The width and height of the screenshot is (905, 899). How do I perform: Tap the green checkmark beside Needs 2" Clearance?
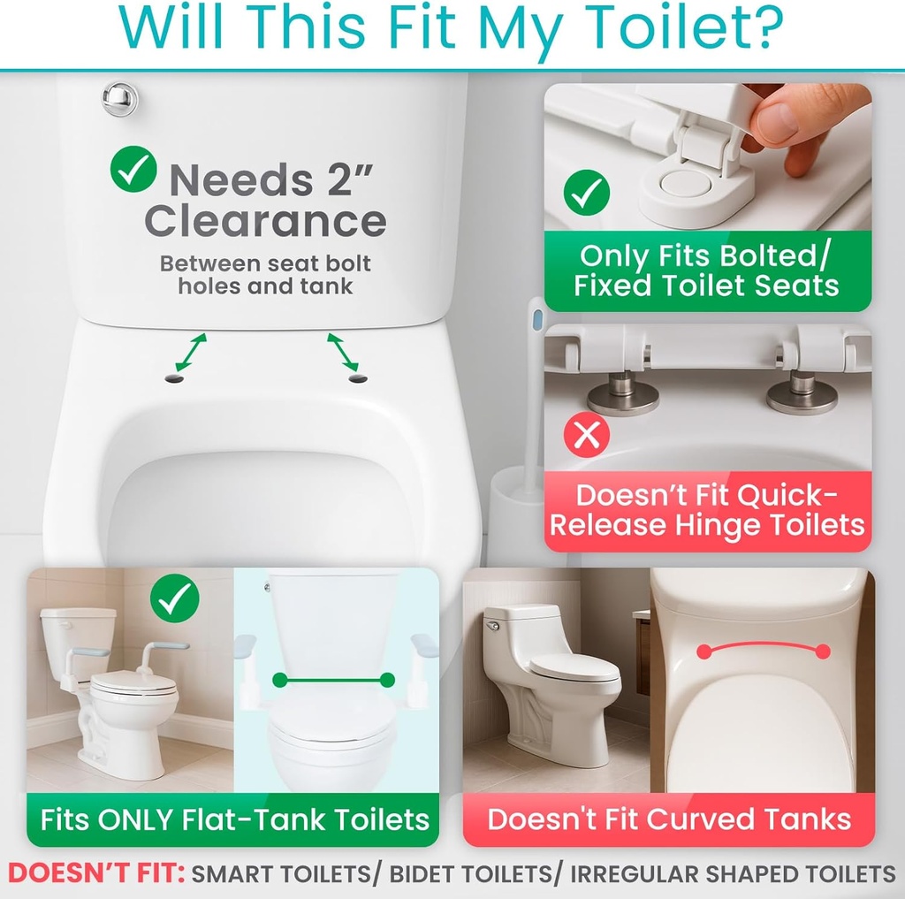pos(133,170)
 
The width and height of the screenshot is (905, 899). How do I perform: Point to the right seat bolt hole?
pos(358,378)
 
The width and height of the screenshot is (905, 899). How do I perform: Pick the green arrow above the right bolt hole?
pos(343,351)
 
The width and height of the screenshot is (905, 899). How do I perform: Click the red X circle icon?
pos(587,434)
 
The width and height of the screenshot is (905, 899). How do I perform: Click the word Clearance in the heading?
pos(265,221)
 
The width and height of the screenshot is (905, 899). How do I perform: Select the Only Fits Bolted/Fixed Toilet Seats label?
pos(706,270)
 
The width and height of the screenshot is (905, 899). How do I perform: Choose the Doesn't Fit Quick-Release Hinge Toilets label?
pos(707,510)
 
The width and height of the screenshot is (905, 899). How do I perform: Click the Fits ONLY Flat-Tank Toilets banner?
pos(234,819)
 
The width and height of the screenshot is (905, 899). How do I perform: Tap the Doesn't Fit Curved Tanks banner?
pos(669,819)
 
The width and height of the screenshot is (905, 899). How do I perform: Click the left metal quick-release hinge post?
pos(623,390)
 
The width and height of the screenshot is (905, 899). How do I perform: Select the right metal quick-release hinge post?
pos(802,392)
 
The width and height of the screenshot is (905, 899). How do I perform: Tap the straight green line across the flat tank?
pos(334,680)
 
